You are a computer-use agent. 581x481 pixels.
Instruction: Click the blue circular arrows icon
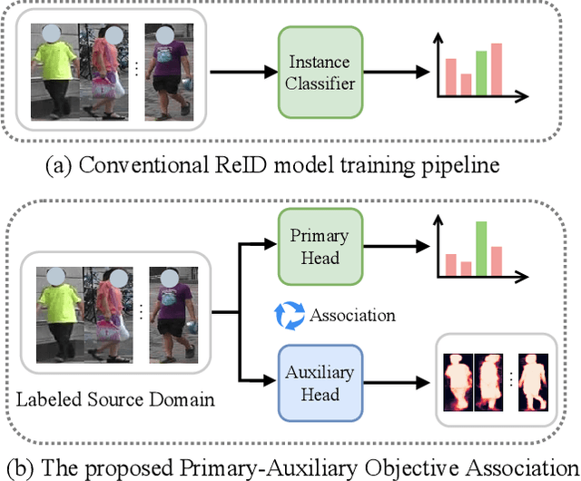click(288, 315)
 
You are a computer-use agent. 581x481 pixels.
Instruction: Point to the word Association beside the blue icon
click(351, 316)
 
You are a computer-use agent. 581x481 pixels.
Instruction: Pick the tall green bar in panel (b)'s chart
click(480, 248)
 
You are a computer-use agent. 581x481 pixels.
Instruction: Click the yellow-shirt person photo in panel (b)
click(55, 314)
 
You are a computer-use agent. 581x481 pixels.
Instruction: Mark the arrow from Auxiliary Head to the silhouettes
click(395, 384)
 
